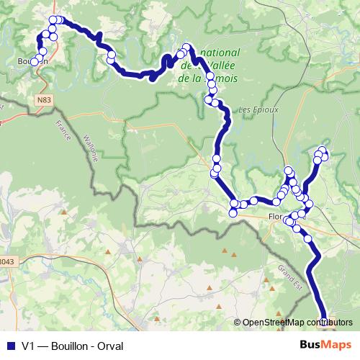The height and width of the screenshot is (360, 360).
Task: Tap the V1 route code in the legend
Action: pos(29,346)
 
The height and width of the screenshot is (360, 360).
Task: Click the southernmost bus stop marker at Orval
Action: pos(325,321)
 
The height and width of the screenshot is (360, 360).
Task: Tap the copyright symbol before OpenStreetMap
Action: pos(238,322)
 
